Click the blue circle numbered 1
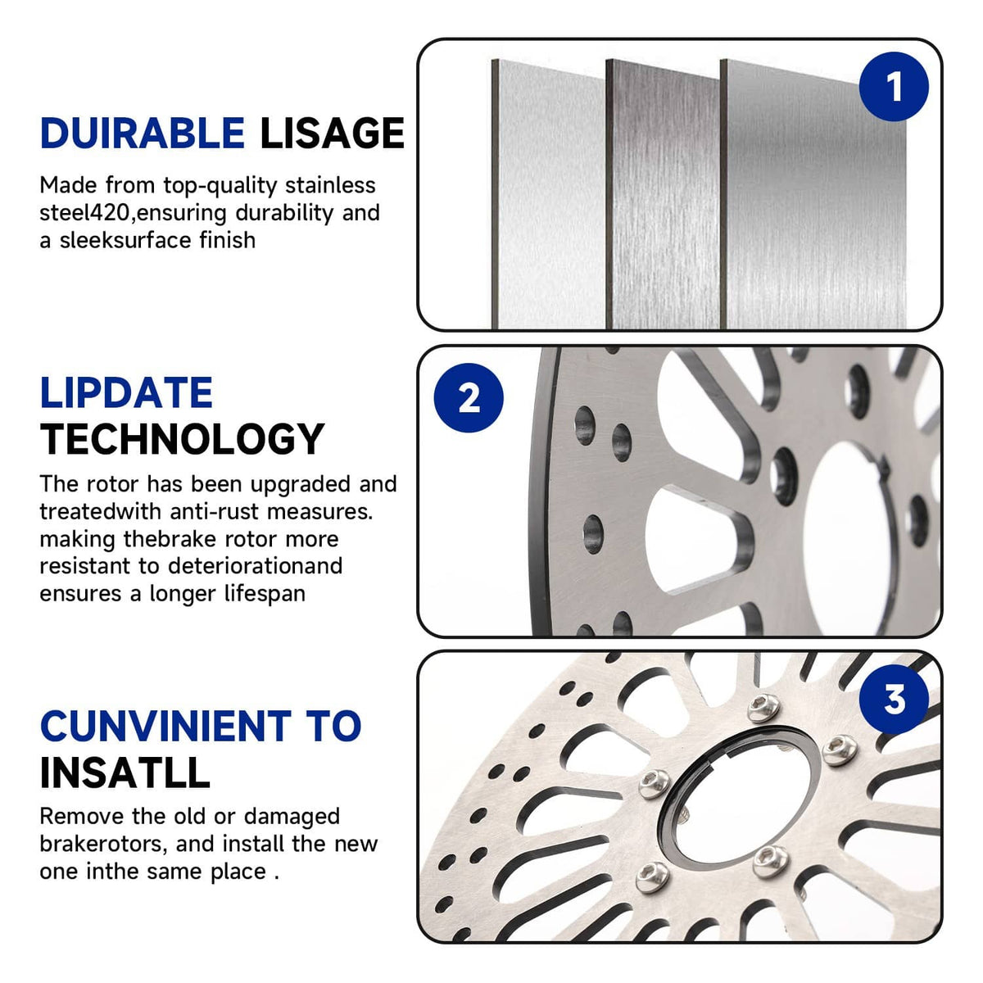coord(893,86)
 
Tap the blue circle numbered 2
coord(469,397)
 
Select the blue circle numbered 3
coord(893,699)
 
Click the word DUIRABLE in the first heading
coord(143,134)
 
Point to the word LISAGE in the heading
coord(332,134)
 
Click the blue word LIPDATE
coord(126,392)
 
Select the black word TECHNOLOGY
coord(182,439)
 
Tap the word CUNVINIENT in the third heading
coord(165,726)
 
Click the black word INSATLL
coord(125,772)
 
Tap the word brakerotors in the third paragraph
coord(103,845)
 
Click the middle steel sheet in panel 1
coord(662,194)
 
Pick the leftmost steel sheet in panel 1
coord(548,194)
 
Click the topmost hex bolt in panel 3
coord(763,708)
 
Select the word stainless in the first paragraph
coord(330,184)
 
